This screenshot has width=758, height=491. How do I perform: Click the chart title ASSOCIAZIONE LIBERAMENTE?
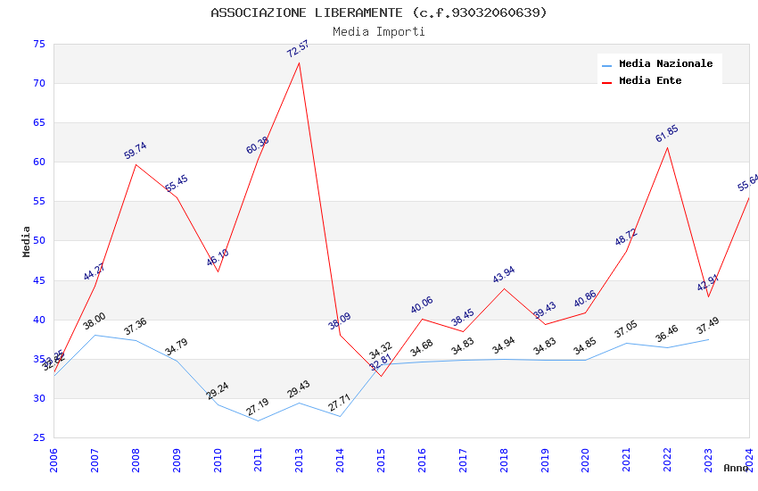[379, 12]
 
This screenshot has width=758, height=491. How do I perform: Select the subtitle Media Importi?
[379, 31]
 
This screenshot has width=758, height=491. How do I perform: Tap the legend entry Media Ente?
[650, 80]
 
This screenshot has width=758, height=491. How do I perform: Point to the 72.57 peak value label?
[298, 48]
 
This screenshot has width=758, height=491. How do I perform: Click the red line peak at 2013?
[299, 62]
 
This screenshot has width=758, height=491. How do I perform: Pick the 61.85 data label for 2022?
[667, 134]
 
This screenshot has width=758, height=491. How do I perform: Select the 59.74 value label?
[136, 151]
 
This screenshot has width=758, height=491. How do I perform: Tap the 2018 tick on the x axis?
[504, 460]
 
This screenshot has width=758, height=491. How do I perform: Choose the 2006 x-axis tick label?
[54, 460]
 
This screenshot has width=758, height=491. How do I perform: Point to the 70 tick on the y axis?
[38, 83]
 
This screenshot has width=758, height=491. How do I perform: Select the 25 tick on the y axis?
[38, 437]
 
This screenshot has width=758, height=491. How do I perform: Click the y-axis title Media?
[27, 241]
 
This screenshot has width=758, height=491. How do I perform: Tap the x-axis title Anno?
[736, 468]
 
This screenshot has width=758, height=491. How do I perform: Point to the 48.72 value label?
[626, 237]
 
